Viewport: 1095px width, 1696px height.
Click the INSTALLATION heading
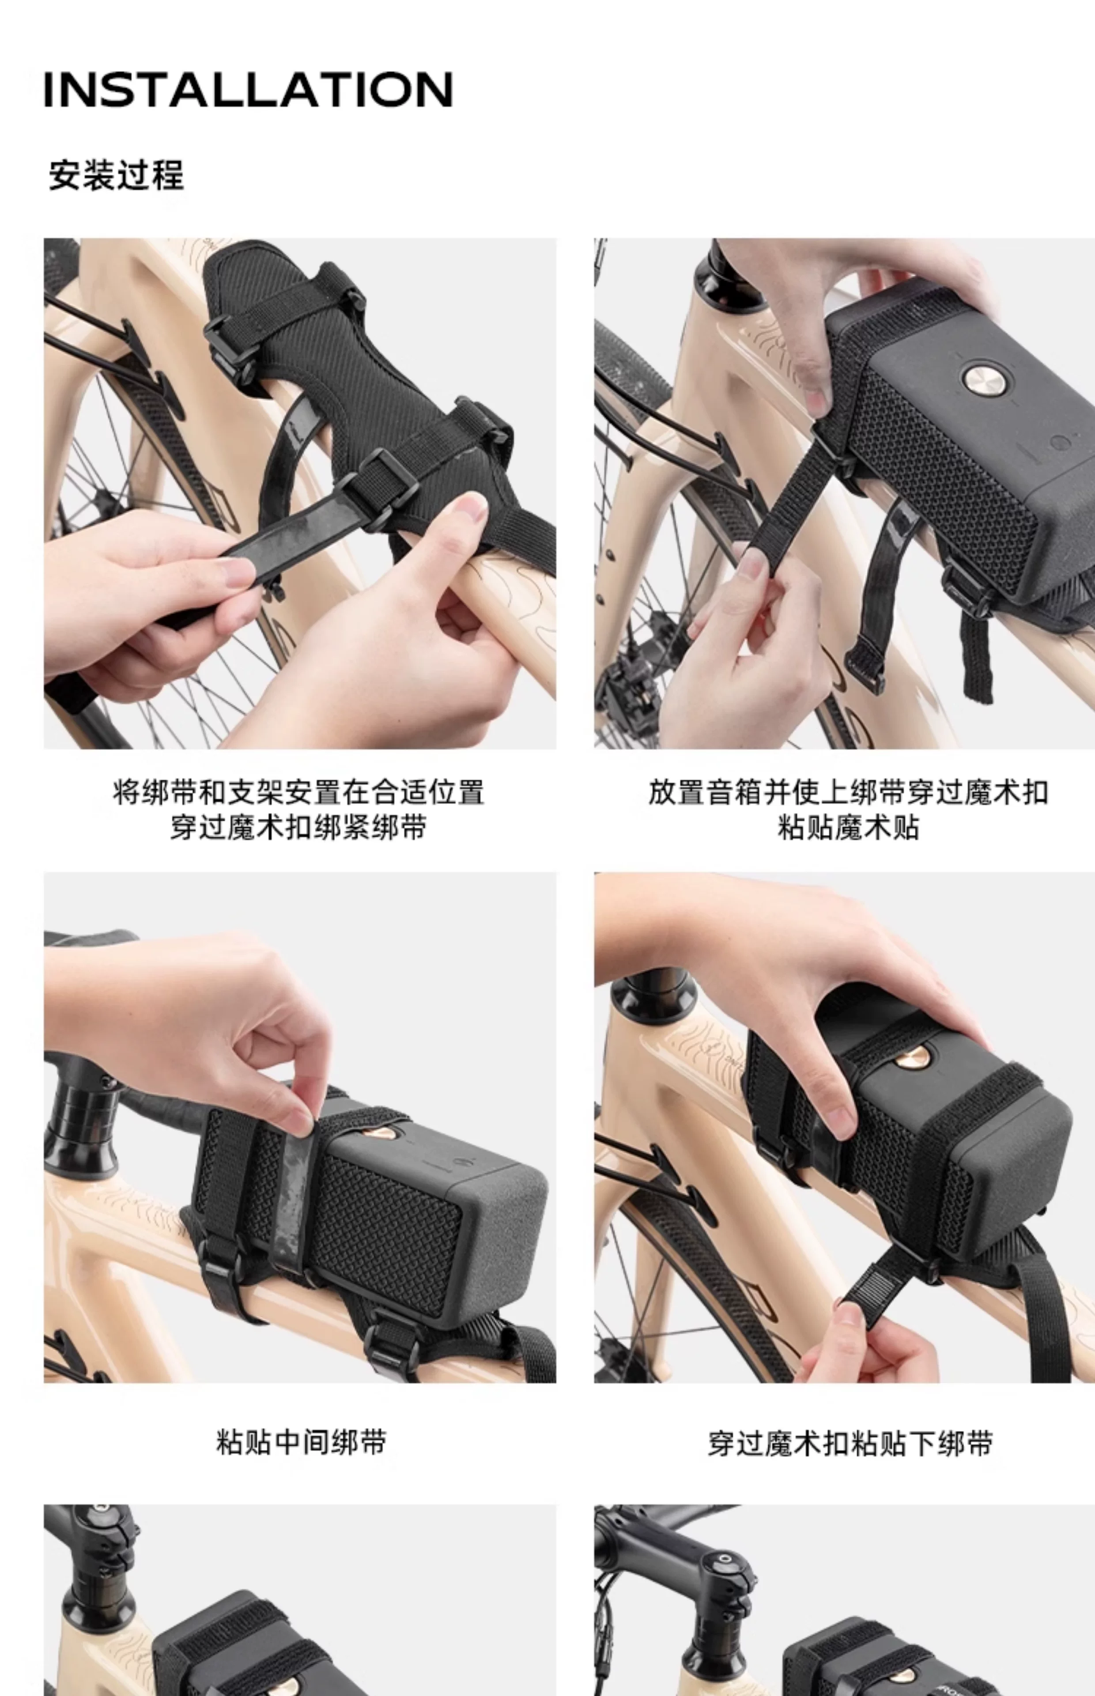click(248, 90)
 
